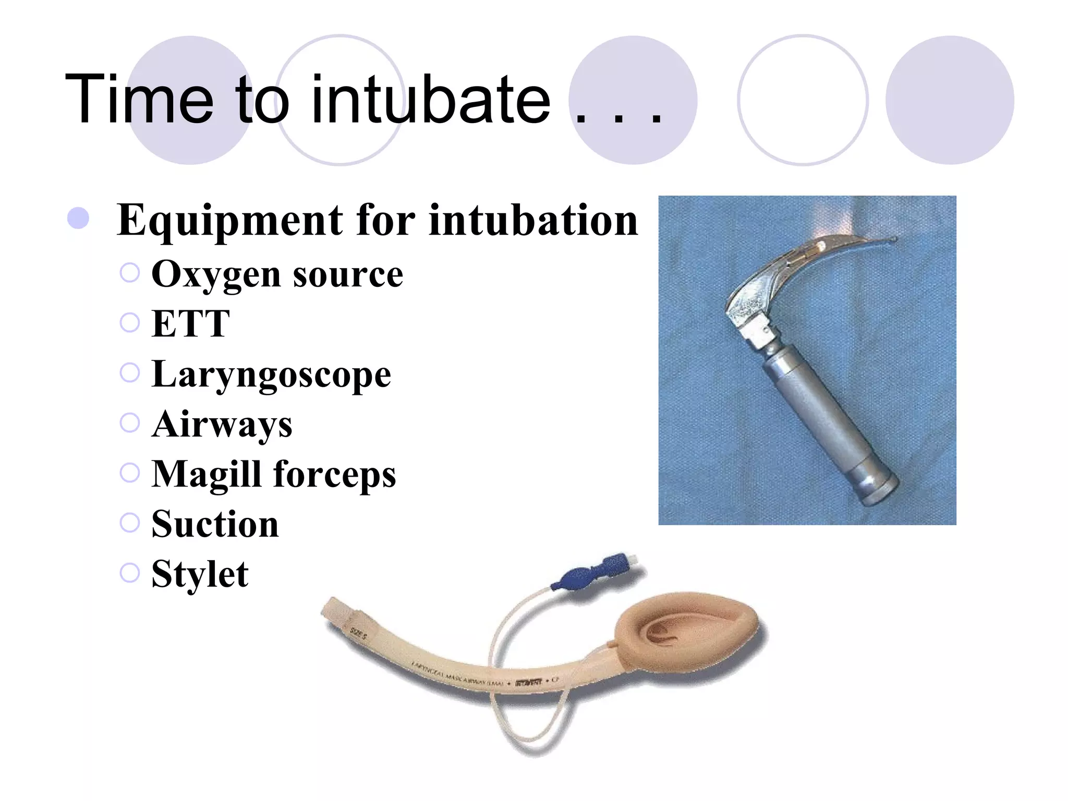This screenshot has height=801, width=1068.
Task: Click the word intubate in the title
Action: (x=430, y=99)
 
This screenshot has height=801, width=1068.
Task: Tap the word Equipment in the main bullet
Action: (x=230, y=221)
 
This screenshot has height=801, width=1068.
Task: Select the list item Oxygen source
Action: (x=277, y=274)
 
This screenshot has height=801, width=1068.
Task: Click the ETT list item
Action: (x=190, y=324)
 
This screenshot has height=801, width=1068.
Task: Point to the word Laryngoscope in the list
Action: (x=271, y=374)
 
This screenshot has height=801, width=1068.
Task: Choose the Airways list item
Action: (x=222, y=424)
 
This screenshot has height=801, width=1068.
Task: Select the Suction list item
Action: (x=215, y=524)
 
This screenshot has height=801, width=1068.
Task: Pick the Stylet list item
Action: (x=200, y=574)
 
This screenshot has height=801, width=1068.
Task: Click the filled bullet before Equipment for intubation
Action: (x=78, y=218)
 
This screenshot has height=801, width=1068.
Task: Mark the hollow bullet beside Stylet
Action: (x=130, y=572)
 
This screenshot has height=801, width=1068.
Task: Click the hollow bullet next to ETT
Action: (x=130, y=322)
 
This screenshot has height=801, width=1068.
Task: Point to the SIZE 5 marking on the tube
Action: (x=359, y=633)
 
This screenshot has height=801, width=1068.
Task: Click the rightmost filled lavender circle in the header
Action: (x=950, y=100)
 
